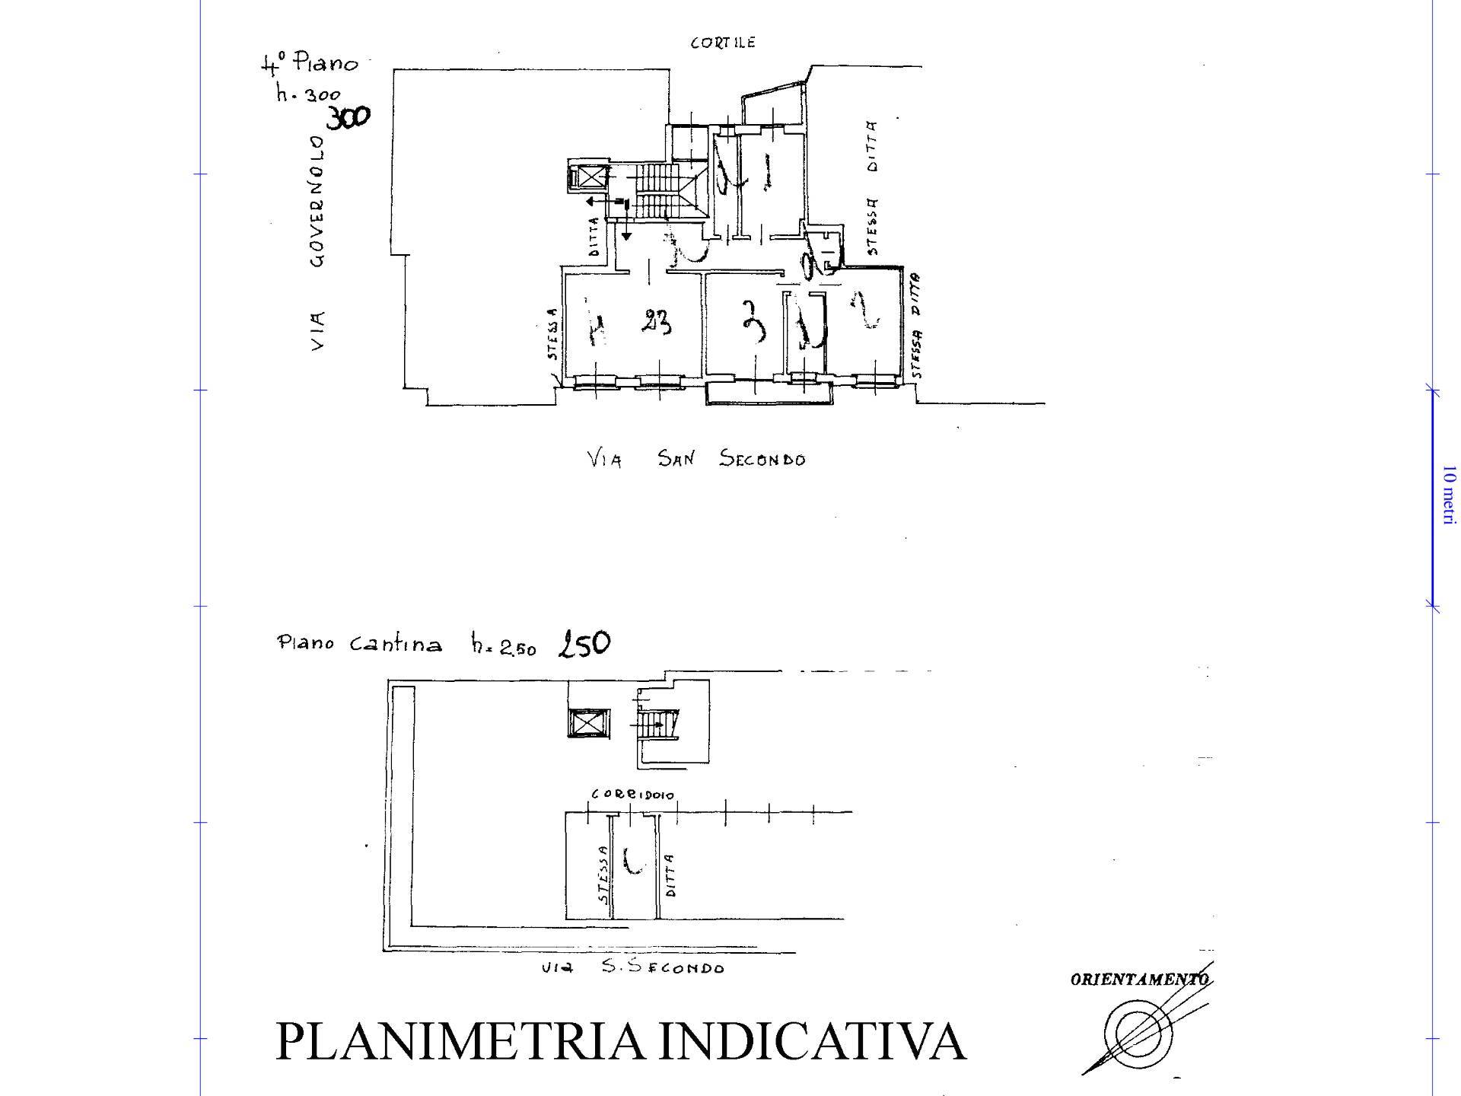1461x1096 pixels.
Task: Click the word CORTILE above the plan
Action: (723, 43)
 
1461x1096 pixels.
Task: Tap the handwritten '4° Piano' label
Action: (310, 63)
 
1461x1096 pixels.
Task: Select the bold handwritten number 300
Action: (349, 117)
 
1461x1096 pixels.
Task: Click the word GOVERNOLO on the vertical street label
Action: (318, 201)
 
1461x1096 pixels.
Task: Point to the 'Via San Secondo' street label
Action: (695, 459)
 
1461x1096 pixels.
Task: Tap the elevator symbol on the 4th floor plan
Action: (590, 177)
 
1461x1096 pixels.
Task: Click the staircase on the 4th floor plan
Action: (660, 190)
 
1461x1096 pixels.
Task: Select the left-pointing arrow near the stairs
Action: (593, 202)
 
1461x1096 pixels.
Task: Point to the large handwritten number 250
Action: (584, 645)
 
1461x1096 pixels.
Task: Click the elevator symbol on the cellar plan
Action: (588, 723)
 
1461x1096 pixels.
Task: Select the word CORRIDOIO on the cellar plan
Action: (633, 795)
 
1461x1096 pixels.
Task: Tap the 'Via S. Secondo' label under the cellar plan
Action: (632, 968)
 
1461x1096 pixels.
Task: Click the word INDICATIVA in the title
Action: (813, 1041)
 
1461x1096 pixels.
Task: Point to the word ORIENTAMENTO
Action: (1139, 980)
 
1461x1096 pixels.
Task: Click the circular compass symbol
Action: (1138, 1032)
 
